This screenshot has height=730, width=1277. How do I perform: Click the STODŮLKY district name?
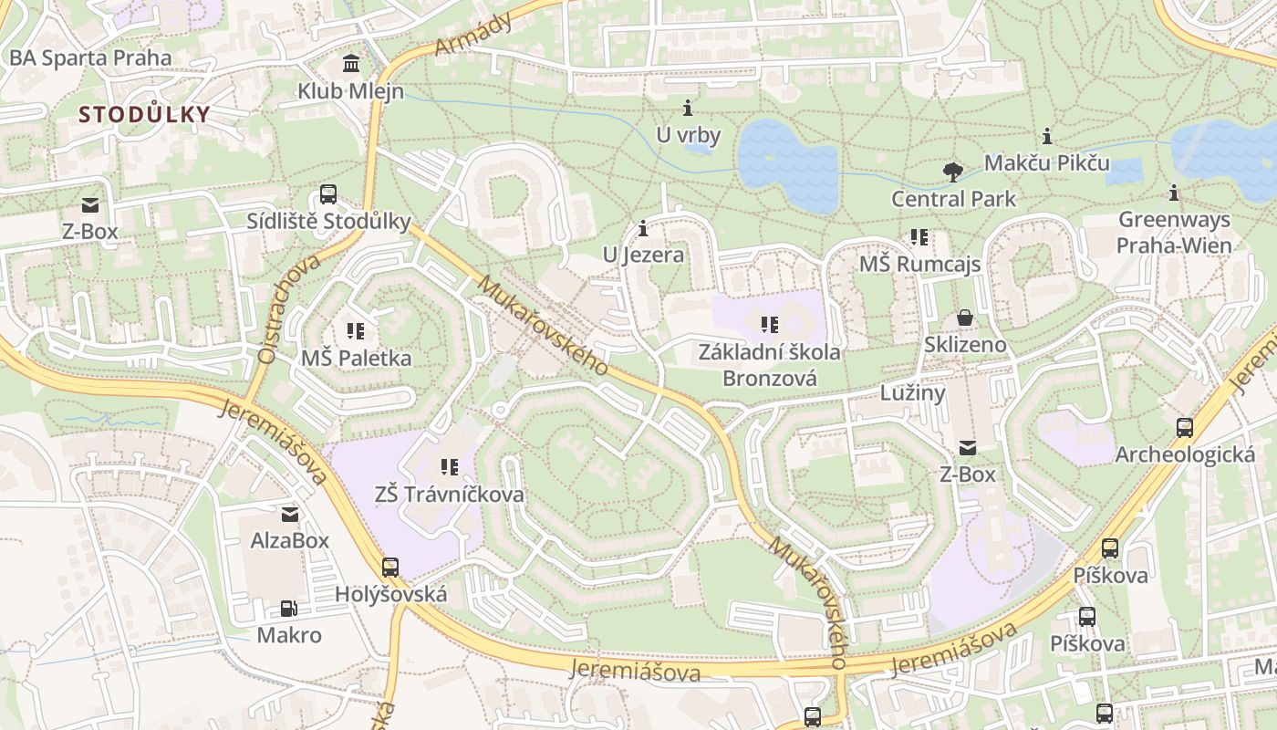tap(144, 115)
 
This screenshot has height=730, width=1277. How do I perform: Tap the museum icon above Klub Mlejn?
tap(350, 64)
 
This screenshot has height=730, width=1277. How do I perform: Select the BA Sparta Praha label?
tap(89, 57)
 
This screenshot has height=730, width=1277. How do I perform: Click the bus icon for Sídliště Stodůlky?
tap(328, 194)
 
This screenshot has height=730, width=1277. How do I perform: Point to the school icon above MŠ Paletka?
tap(356, 331)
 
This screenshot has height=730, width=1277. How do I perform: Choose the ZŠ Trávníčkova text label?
tap(450, 494)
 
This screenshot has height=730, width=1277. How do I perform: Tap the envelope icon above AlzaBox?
tap(290, 515)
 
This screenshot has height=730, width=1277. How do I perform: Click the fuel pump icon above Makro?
tap(288, 609)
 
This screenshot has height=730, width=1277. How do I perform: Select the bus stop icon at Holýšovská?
tap(390, 568)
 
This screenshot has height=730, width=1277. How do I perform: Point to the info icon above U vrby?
tap(688, 108)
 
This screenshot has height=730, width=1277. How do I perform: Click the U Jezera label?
tap(643, 255)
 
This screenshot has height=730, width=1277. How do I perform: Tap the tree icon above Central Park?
tap(952, 172)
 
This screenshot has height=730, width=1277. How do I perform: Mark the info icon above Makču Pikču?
tap(1047, 137)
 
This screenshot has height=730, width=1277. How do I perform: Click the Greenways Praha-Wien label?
tap(1174, 233)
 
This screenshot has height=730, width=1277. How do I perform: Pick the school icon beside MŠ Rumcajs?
tap(919, 238)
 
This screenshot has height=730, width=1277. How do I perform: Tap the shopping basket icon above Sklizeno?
tap(965, 318)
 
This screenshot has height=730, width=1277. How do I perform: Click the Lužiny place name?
tap(912, 392)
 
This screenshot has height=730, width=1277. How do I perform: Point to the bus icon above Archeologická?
tap(1184, 427)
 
